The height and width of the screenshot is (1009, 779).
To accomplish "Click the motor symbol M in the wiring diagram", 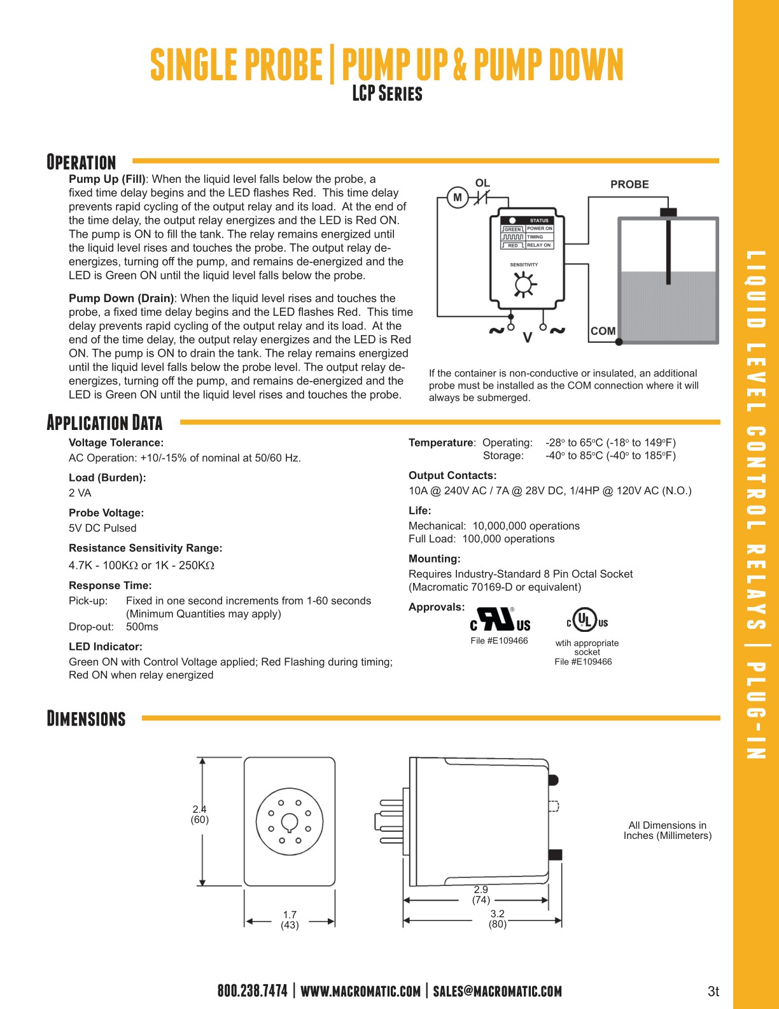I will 457,197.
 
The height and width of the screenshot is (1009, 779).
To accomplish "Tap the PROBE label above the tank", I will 629,184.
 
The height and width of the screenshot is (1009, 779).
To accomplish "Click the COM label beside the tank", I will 603,331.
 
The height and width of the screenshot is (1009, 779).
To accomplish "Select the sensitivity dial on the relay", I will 523,284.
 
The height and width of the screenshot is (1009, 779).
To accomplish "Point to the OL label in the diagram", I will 482,183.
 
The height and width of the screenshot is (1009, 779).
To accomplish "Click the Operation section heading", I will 81,162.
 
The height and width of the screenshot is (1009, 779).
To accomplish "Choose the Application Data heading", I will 105,422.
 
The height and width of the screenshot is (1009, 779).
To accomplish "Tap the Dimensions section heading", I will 87,719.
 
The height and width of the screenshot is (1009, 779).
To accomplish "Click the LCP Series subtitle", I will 387,94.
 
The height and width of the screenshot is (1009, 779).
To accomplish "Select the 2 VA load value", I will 80,493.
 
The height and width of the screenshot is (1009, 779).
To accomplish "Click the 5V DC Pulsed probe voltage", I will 102,528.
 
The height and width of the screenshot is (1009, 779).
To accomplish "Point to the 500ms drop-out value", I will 142,627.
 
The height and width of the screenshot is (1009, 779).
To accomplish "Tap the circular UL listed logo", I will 586,620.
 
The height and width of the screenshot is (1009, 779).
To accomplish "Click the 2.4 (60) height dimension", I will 200,815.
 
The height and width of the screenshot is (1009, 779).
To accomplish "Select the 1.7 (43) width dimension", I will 290,920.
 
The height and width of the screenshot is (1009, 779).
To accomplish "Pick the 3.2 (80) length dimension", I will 498,919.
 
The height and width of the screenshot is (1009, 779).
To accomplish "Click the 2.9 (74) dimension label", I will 481,895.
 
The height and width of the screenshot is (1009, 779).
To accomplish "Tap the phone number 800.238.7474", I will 252,991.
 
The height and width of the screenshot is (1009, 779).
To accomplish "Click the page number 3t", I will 713,991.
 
